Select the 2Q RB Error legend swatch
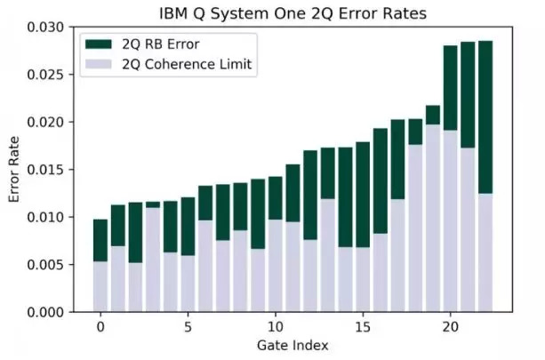pos(99,44)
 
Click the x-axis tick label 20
pos(450,326)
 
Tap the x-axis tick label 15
pos(363,326)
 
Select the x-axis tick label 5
pos(188,326)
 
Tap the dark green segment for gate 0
pos(100,240)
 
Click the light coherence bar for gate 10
pos(276,266)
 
